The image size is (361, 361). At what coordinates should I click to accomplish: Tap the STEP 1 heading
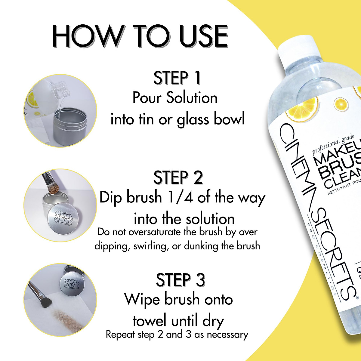(177, 78)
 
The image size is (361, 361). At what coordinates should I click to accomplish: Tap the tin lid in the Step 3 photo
(72, 283)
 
